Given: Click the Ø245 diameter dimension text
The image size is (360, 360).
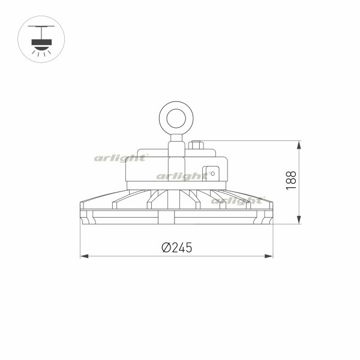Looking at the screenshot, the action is pos(177,247).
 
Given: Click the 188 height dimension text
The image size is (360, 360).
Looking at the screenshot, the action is pos(291,181).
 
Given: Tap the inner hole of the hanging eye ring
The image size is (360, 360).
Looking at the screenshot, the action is pos(176,118).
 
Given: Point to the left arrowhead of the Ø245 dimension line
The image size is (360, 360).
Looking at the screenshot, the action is pos(84,256).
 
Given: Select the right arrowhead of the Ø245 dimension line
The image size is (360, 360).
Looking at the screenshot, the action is pos(269,256).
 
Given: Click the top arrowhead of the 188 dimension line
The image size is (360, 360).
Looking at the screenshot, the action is pos(299,145).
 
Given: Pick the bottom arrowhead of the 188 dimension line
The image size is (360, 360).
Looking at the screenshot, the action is pos(299,220).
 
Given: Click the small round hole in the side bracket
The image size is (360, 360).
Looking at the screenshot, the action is pos(212,173).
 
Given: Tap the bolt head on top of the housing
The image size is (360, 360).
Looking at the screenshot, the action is pos(196,145).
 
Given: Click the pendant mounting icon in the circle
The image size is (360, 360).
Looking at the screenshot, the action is pos(41,39).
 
